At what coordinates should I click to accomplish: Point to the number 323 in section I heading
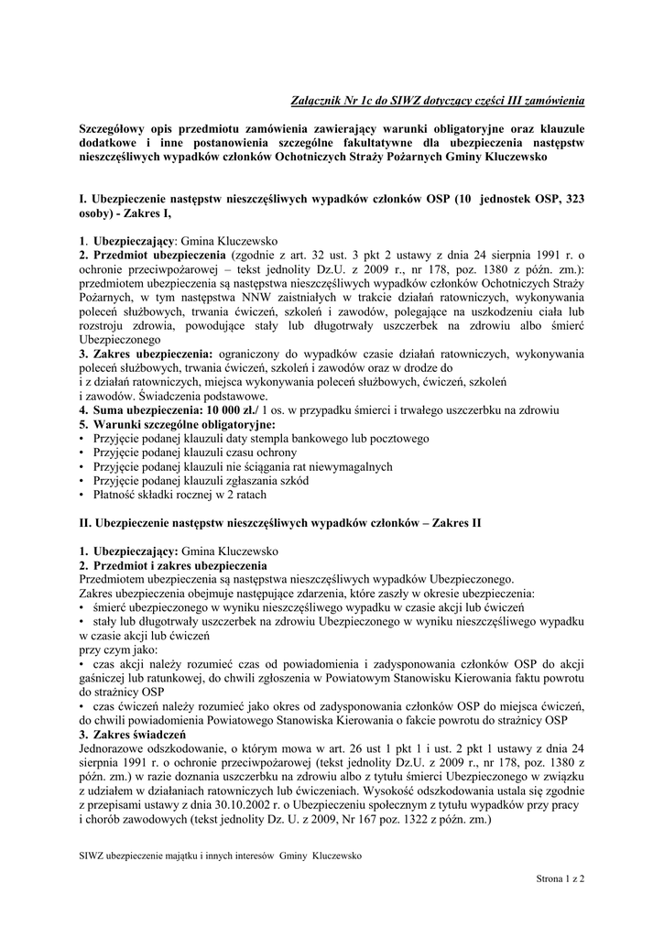tap(568, 202)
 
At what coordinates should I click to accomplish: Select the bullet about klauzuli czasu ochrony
tap(194, 453)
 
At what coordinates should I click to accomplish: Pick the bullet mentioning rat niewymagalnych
tap(243, 467)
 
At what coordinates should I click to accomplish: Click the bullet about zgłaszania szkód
tap(200, 481)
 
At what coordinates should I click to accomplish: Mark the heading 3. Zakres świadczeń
tap(132, 735)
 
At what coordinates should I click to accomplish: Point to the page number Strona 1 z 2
tap(561, 878)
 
